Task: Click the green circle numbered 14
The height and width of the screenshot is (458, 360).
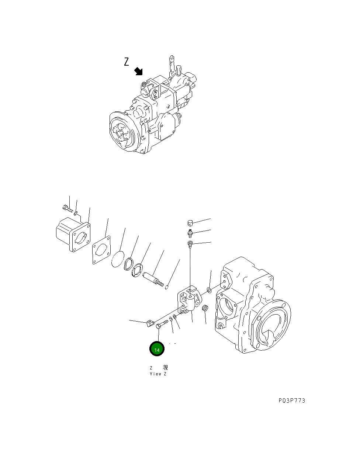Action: pos(157,349)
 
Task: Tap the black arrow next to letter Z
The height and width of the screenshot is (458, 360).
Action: pos(139,71)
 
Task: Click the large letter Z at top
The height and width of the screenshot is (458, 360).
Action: pos(127,62)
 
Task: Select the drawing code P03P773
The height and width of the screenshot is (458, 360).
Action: pos(292,400)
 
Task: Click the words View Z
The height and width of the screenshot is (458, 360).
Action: pos(158,374)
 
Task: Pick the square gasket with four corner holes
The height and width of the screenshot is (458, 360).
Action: pos(101,250)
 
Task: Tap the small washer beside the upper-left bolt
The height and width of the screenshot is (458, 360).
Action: pos(76,213)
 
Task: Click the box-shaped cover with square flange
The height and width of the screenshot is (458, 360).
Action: pos(73,235)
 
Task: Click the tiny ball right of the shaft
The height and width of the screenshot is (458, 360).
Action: pos(167,288)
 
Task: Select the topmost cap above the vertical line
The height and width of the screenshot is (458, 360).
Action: pos(190,222)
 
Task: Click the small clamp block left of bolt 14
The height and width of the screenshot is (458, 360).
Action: pos(150,324)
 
